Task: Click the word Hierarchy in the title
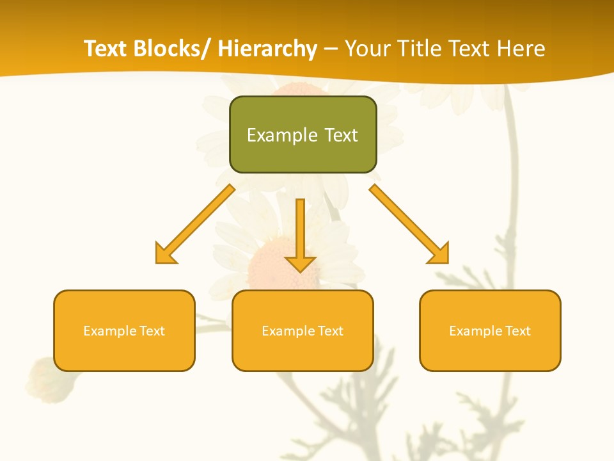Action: (x=267, y=49)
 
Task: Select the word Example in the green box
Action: (x=277, y=135)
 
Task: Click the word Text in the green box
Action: (x=341, y=135)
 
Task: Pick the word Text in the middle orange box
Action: (x=330, y=331)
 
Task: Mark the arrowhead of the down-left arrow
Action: (x=165, y=254)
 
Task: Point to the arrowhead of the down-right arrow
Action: (x=439, y=254)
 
